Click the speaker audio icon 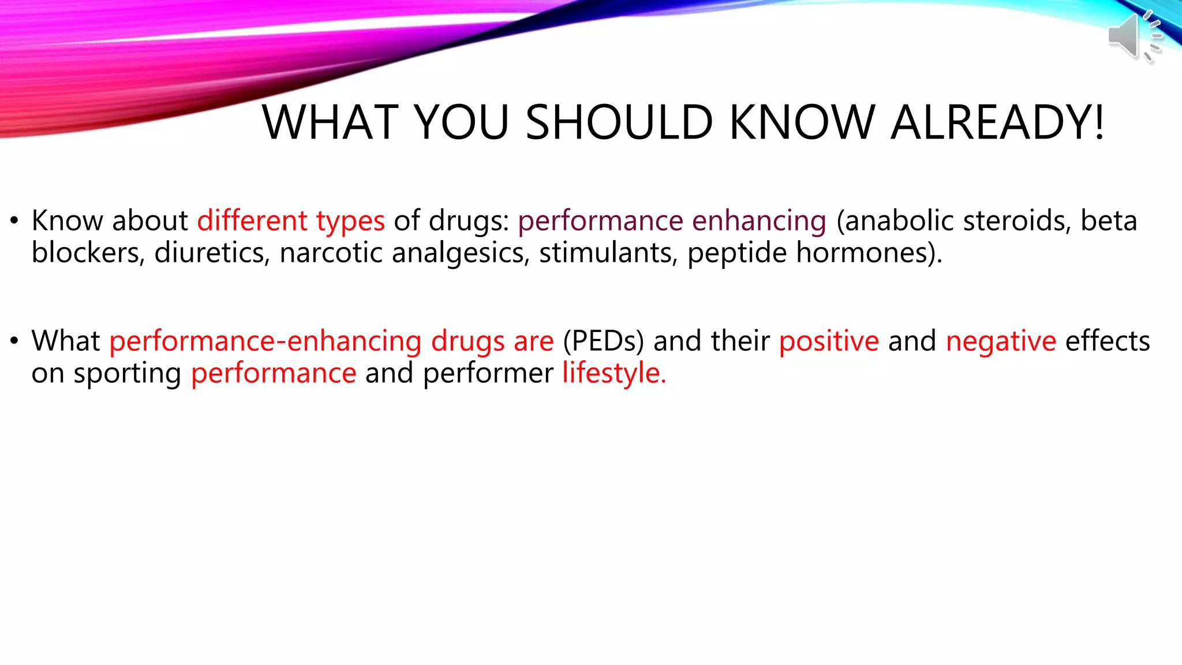click(x=1132, y=36)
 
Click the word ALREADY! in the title click(x=997, y=122)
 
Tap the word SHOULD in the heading click(x=619, y=122)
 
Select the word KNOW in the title click(x=802, y=122)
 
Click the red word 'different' click(x=252, y=221)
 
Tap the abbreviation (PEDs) click(x=603, y=341)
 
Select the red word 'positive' click(x=829, y=341)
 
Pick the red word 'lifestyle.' click(x=614, y=373)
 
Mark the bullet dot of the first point click(x=14, y=221)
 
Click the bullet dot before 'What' click(x=14, y=341)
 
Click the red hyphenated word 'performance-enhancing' click(x=265, y=342)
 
